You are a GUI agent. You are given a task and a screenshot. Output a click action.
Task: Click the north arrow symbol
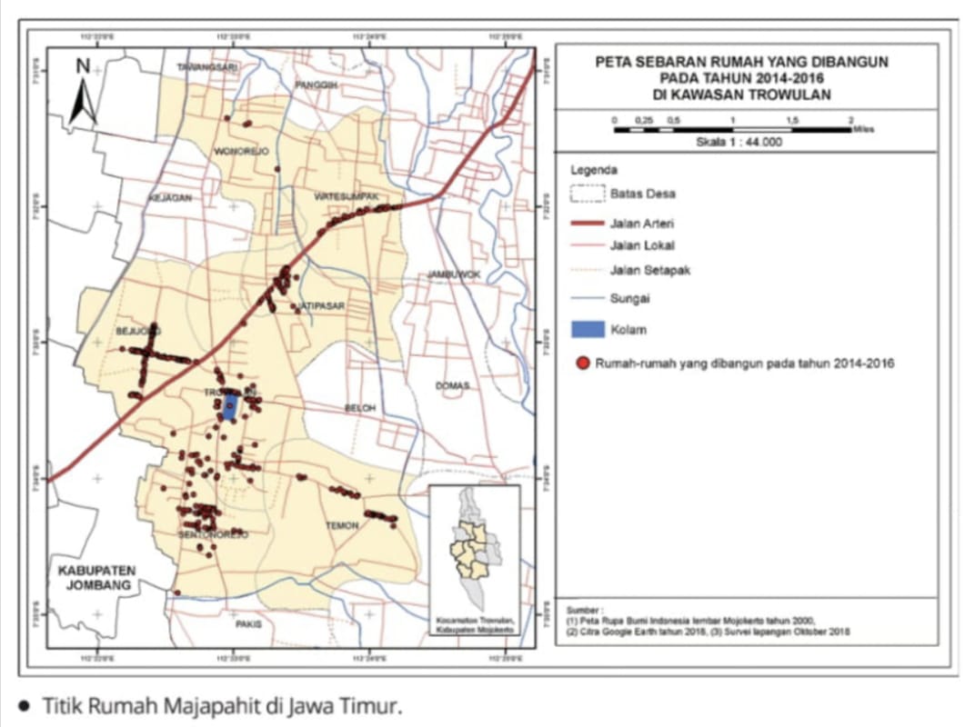[84, 94]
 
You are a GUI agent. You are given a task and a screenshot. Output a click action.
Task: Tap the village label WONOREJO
[240, 152]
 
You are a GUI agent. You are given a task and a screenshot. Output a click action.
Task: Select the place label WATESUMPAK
[346, 196]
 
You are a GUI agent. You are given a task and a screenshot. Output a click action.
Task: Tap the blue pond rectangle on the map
[230, 406]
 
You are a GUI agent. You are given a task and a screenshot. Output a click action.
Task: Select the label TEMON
[342, 525]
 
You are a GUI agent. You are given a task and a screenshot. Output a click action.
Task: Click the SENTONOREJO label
[213, 536]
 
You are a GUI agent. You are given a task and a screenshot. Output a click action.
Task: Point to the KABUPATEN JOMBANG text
[96, 578]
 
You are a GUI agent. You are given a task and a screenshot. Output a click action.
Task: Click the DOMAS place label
[452, 386]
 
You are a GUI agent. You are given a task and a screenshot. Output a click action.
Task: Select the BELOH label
[359, 409]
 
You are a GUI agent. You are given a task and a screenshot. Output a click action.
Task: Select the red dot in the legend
[583, 363]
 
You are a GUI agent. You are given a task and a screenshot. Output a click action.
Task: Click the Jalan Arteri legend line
[585, 223]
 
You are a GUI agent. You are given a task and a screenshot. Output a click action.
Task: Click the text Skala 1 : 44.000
[738, 142]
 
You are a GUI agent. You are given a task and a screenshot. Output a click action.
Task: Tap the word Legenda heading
[593, 170]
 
